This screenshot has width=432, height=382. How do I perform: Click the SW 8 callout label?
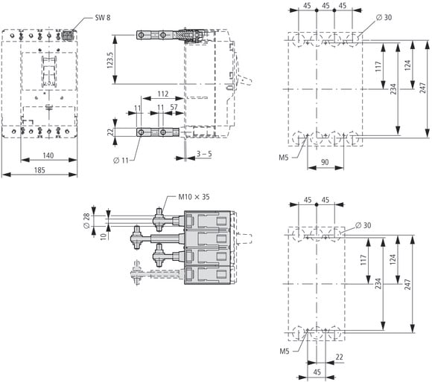(103, 18)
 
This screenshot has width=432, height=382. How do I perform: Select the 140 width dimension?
(48, 155)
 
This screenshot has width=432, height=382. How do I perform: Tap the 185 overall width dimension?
(39, 170)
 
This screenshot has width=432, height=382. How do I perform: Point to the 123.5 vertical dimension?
(110, 60)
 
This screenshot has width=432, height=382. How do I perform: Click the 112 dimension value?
(163, 94)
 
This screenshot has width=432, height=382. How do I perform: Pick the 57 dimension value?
(174, 107)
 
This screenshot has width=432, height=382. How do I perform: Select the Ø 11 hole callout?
(121, 161)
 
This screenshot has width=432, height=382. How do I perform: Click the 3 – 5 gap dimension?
(204, 154)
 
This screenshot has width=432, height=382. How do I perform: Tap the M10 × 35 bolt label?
(194, 197)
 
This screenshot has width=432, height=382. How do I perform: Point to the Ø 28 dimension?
(86, 221)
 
